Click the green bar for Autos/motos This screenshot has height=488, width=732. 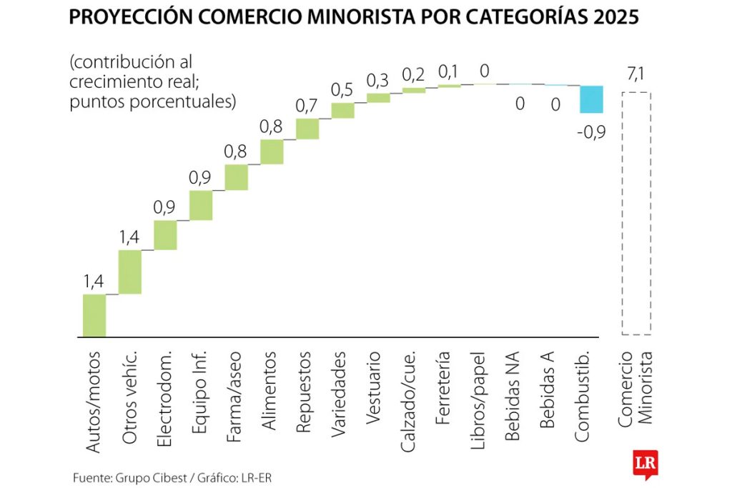tap(94, 315)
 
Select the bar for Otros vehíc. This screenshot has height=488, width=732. tap(129, 272)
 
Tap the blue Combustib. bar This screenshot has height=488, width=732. tap(591, 99)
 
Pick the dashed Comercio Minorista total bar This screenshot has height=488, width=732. tap(636, 213)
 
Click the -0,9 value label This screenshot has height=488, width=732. tap(591, 131)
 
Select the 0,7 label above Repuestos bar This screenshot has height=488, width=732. tap(307, 105)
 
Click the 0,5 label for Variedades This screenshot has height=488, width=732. tap(342, 89)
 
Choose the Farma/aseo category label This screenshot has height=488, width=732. tap(236, 391)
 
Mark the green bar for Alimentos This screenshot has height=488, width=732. tap(272, 151)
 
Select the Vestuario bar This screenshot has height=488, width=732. tap(378, 98)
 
